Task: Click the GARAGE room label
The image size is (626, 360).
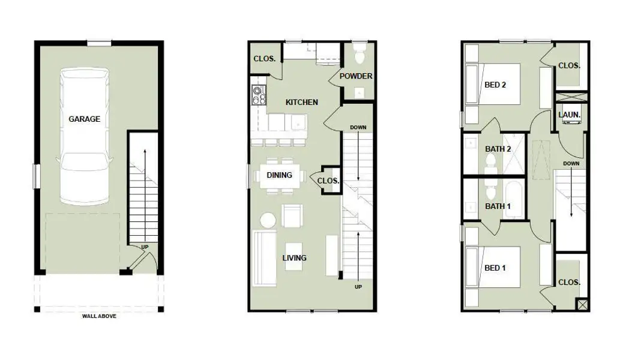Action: click(84, 119)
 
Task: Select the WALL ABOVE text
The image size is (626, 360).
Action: click(99, 316)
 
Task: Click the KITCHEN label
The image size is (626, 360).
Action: click(301, 102)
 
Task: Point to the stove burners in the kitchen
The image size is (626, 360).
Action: click(259, 96)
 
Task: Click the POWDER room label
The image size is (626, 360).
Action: click(356, 76)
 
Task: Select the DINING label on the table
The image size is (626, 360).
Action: click(279, 175)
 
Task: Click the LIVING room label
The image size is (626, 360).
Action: click(294, 258)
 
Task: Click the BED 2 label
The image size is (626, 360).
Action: click(495, 85)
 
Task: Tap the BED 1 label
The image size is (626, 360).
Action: click(495, 268)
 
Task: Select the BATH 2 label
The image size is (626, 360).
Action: click(498, 149)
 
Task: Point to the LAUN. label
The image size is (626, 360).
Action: click(568, 114)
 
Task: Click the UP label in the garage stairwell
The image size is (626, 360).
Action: click(145, 247)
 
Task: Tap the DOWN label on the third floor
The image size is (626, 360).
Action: click(571, 163)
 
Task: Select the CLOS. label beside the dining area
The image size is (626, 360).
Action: click(328, 181)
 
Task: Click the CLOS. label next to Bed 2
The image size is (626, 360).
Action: click(569, 65)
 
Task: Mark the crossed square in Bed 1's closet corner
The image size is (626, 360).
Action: click(581, 304)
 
